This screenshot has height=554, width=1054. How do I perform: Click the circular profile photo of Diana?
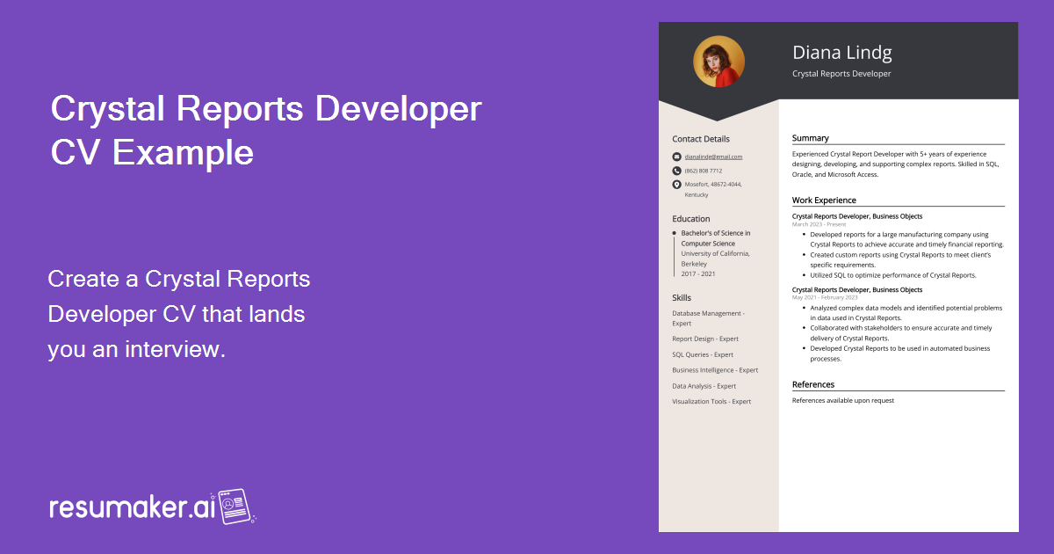[x=718, y=62]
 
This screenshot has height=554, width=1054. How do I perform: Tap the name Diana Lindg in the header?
[x=841, y=53]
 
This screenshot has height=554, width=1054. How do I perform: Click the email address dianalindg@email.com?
[x=713, y=157]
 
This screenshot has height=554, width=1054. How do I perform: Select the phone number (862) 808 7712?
[x=704, y=171]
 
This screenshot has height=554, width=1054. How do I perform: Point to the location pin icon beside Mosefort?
[x=676, y=185]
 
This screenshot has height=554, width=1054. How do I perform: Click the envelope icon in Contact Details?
[x=676, y=157]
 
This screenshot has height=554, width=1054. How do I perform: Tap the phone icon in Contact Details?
[x=676, y=171]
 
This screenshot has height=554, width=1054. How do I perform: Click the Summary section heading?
[x=810, y=138]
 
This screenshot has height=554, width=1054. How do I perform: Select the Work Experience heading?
[x=824, y=200]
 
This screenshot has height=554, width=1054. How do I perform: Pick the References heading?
[x=813, y=384]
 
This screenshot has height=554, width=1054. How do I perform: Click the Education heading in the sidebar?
[x=691, y=219]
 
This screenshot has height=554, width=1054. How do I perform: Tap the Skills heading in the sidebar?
[x=682, y=298]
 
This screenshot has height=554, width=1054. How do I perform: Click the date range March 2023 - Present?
[x=819, y=224]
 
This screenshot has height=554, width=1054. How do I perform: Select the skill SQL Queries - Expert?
[x=703, y=354]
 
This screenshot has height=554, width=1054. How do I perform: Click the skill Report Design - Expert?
[x=705, y=339]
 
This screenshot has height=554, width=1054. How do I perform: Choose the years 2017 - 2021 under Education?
[x=698, y=273]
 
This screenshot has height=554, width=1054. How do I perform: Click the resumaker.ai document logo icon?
[x=235, y=506]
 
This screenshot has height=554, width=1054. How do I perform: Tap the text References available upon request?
[x=842, y=400]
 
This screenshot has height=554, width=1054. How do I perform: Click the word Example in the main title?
[x=184, y=152]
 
